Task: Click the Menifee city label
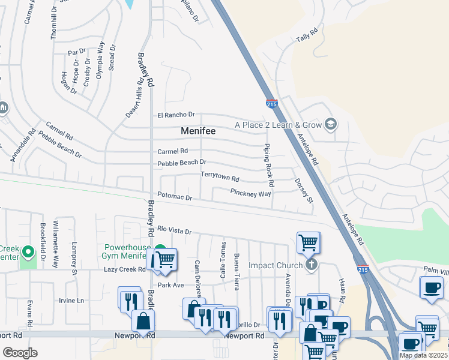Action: (198, 130)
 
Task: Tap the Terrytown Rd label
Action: (220, 179)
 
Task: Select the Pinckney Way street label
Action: (251, 193)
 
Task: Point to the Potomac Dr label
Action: (175, 197)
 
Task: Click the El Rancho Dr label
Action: (176, 115)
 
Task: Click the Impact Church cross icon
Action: (310, 265)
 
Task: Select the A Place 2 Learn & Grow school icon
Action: (330, 125)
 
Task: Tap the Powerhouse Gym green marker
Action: (160, 251)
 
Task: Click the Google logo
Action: (20, 353)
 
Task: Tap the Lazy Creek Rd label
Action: (125, 269)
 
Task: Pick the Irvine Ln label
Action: (71, 301)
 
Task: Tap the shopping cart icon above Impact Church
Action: (308, 243)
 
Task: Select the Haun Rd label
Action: (341, 291)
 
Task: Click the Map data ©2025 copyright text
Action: (424, 355)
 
